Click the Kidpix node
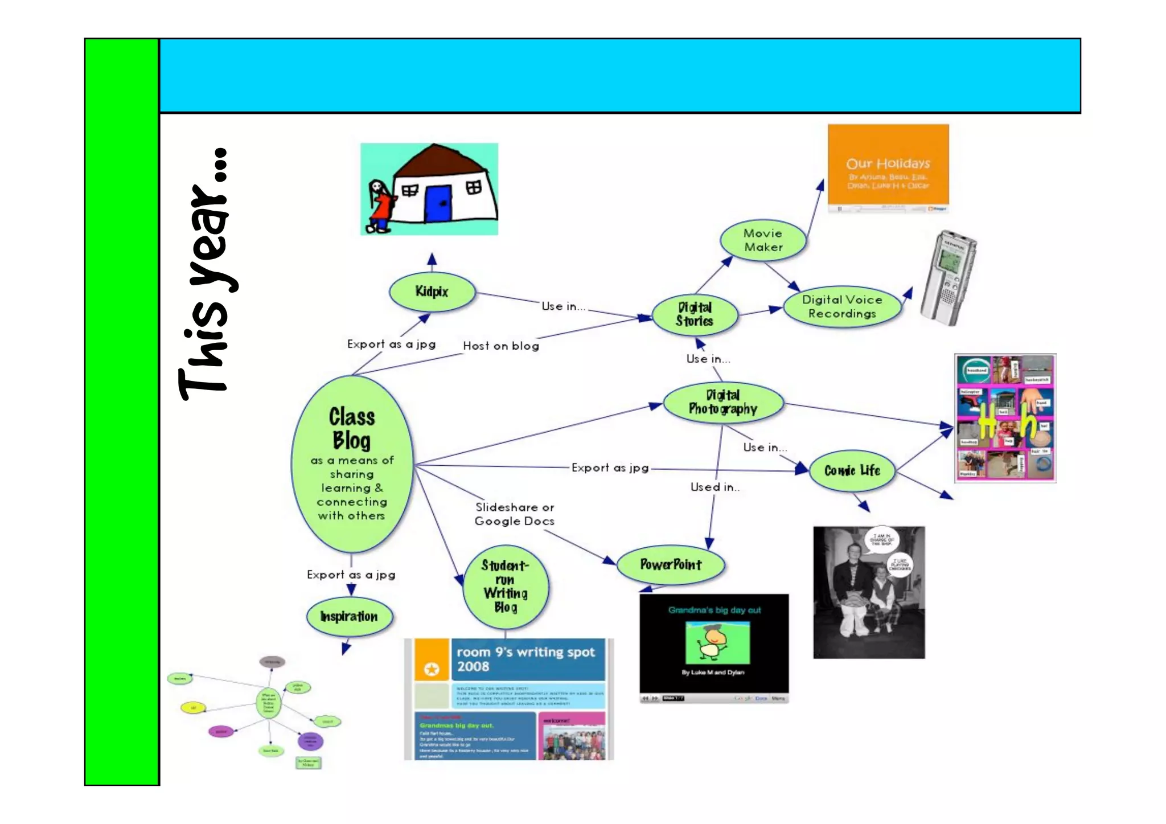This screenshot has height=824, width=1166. [432, 292]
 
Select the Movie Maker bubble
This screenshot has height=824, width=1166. [763, 240]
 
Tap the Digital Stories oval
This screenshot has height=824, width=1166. [695, 314]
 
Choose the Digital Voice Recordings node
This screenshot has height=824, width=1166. [842, 306]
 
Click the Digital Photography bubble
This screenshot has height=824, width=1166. [723, 402]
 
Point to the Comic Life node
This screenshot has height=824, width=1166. [852, 470]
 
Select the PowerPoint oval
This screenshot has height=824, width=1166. [671, 564]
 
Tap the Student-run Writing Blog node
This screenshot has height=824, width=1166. [506, 587]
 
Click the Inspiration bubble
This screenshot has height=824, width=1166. [349, 617]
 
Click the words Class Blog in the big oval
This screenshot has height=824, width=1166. [351, 428]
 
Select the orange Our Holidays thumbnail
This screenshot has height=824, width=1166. [888, 166]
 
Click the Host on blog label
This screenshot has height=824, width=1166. [501, 346]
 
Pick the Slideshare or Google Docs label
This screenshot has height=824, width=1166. [514, 514]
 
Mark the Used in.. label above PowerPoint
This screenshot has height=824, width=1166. [715, 487]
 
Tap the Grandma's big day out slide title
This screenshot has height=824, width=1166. [714, 610]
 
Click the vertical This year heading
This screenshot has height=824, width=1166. [208, 273]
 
